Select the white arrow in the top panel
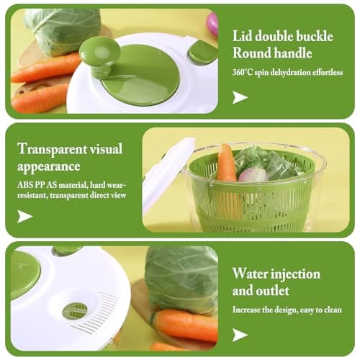pos(240,97)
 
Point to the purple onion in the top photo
pos(213,24)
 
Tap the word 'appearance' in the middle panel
pos(49,166)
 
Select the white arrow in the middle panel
pos(24,216)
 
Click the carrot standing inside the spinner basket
pos(226,163)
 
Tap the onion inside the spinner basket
pos(253,174)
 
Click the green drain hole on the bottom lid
pos(75,311)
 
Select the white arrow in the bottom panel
pos(240,335)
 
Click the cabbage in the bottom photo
pos(182,279)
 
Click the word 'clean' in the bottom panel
pos(332,310)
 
